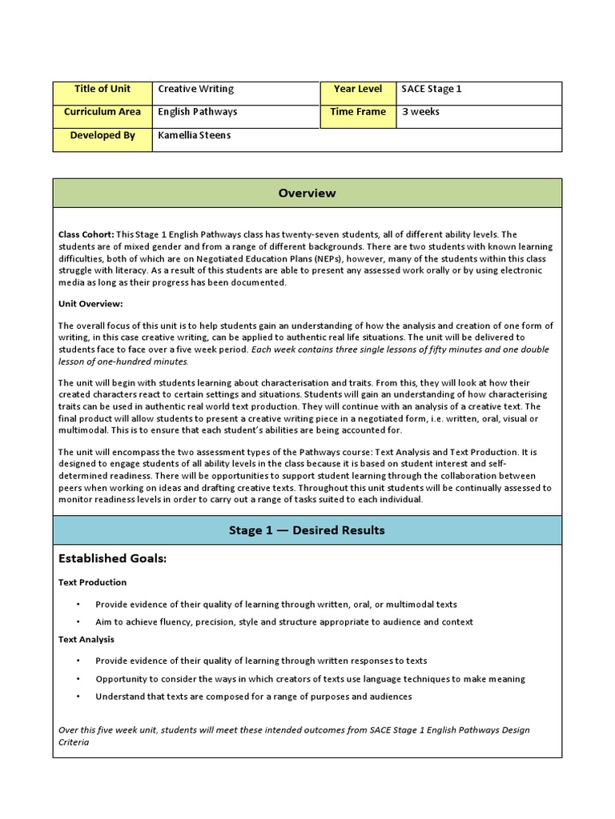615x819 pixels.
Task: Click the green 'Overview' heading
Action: click(307, 194)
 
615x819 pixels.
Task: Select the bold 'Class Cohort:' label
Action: click(86, 234)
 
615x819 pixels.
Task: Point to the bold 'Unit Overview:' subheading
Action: click(90, 304)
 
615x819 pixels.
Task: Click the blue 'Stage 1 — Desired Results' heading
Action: click(307, 530)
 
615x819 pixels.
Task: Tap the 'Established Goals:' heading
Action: click(112, 558)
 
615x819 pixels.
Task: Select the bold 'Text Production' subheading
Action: click(93, 582)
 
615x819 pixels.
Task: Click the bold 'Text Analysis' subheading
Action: click(86, 639)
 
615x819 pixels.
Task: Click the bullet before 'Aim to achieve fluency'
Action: click(78, 622)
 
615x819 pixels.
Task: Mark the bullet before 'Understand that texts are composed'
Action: click(78, 697)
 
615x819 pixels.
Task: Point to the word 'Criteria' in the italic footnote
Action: click(74, 742)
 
